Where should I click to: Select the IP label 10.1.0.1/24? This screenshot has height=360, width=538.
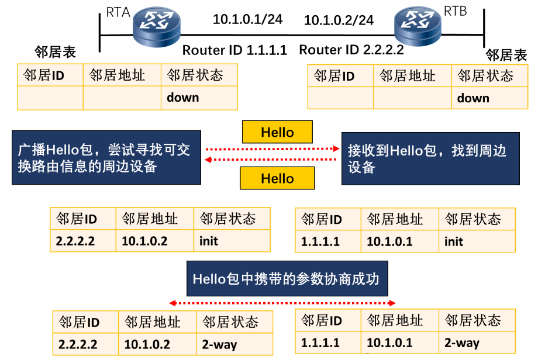point(247,19)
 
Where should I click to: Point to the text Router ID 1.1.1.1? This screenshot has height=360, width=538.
point(234,50)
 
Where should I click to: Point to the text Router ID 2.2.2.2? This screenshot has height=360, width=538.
point(351,50)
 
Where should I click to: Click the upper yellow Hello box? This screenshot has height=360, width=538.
point(277,132)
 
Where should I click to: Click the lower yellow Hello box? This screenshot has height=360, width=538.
point(277,178)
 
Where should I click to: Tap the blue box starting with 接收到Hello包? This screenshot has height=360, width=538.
point(430,158)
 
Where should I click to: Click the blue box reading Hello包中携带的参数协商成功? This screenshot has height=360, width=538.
point(286,279)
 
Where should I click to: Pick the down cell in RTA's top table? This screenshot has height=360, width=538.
point(199,98)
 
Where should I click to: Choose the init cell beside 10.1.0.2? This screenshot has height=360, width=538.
point(232,241)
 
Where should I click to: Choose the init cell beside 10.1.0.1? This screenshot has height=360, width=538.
point(477,241)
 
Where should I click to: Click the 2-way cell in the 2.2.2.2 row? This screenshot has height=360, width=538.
point(234,344)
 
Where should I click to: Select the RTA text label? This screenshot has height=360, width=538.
point(118,12)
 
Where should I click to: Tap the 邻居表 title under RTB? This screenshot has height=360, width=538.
point(506,56)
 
